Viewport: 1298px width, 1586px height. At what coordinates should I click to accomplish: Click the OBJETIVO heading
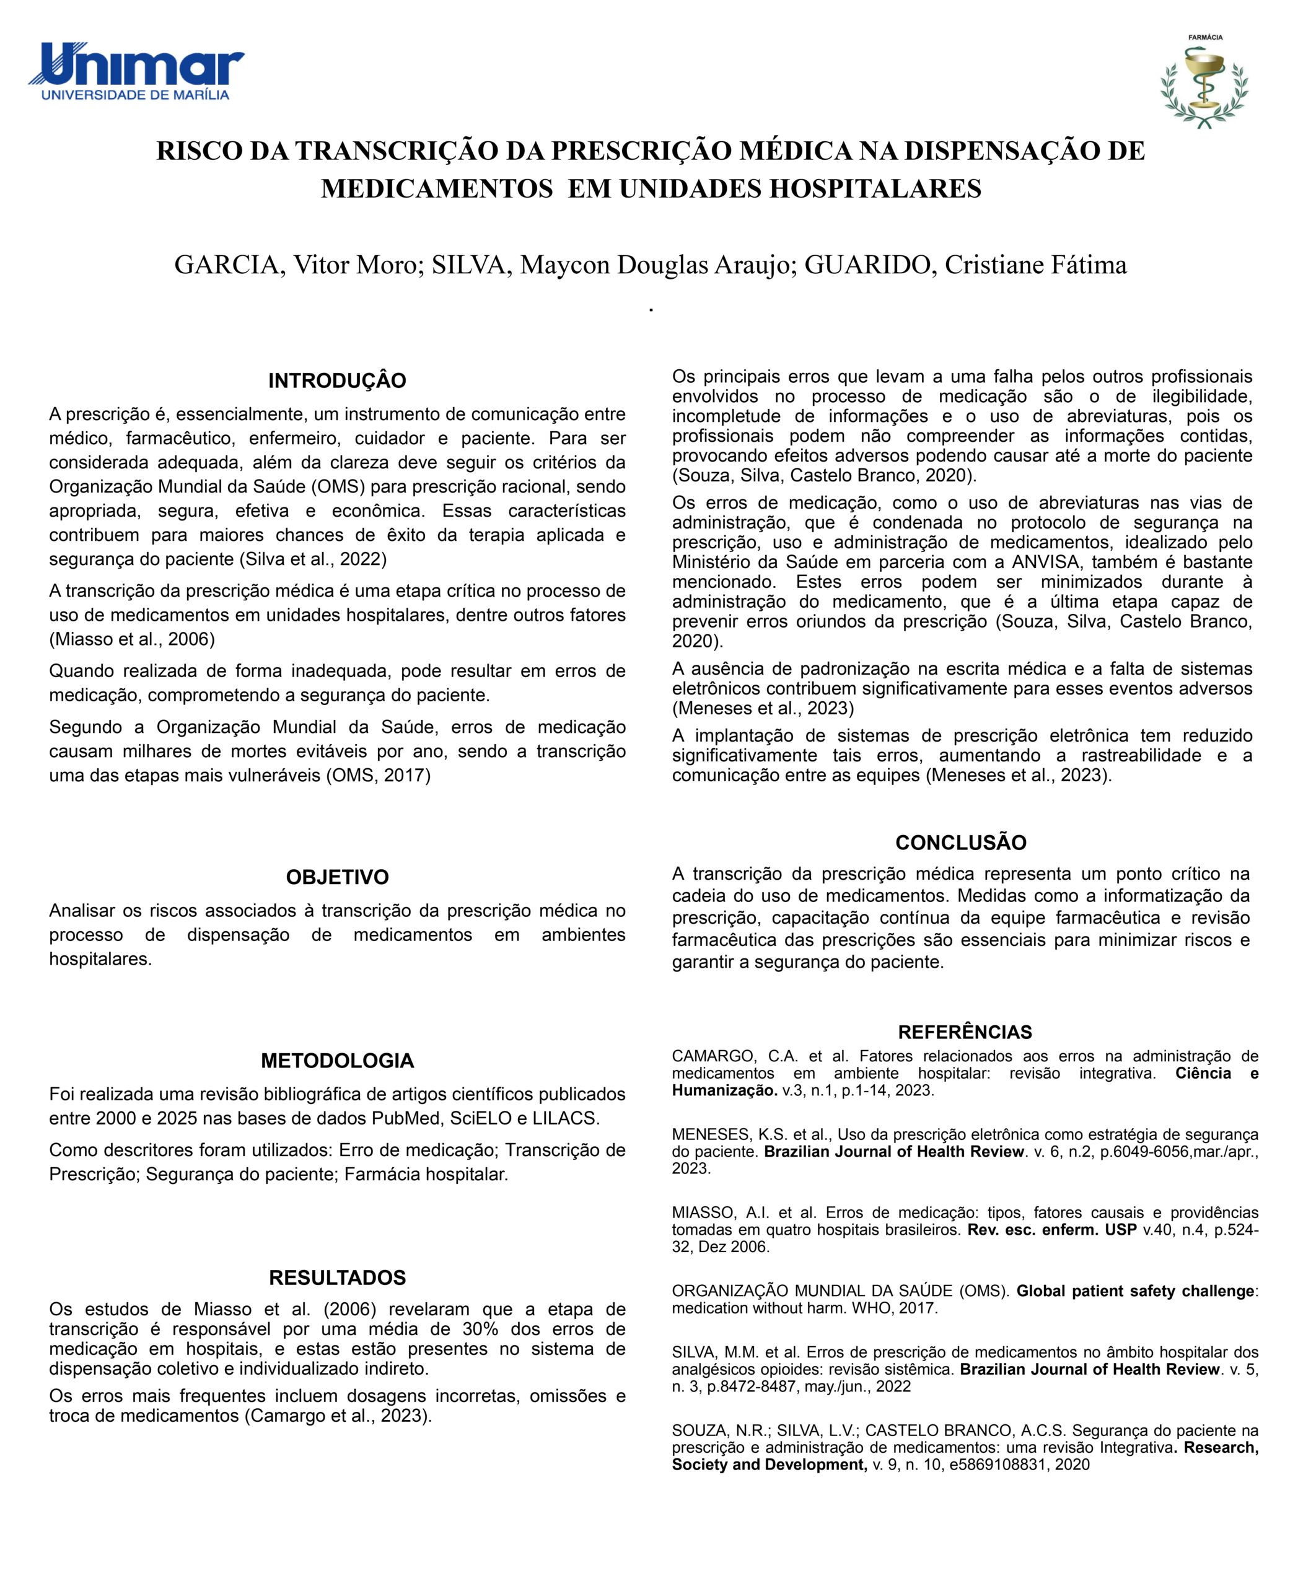[x=337, y=877]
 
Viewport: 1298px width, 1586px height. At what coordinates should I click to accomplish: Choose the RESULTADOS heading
[x=337, y=1277]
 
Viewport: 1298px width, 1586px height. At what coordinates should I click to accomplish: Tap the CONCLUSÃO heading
[x=961, y=843]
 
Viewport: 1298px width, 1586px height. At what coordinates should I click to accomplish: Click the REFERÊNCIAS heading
[x=965, y=1032]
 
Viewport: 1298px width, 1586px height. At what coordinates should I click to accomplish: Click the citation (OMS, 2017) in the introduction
[x=379, y=776]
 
